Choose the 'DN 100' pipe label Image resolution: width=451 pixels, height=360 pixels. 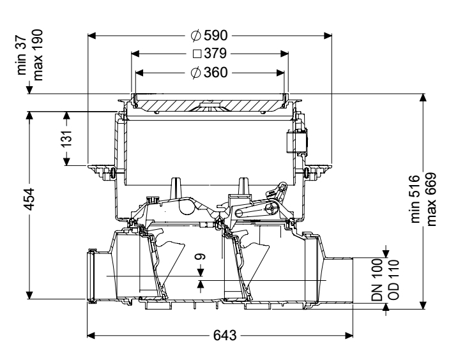377,280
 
